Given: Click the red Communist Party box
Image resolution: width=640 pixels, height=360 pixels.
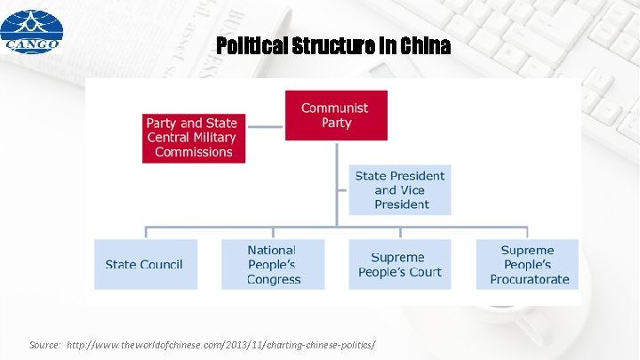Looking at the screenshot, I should pos(336,116).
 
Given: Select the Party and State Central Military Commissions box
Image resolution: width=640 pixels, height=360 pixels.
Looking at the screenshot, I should pos(192,138).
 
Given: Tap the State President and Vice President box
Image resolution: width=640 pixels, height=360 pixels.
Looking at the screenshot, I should pos(400,189).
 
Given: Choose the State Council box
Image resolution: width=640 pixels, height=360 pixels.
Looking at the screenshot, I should pos(145,264).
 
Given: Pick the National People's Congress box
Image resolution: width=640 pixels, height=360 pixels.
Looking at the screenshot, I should pos(273,264).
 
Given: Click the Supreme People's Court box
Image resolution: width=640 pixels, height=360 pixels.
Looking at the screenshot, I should pos(400,264).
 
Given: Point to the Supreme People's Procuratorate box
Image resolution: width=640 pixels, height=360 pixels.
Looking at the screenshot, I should pos(528,264).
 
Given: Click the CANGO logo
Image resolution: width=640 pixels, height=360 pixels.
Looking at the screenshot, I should pos(31,31).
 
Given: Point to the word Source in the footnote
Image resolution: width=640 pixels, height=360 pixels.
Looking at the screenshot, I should pos(43,343).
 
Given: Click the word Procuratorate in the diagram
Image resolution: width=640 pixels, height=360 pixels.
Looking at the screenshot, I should pos(530,279).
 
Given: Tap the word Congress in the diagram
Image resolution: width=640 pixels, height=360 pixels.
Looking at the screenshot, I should pos(274,279).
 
